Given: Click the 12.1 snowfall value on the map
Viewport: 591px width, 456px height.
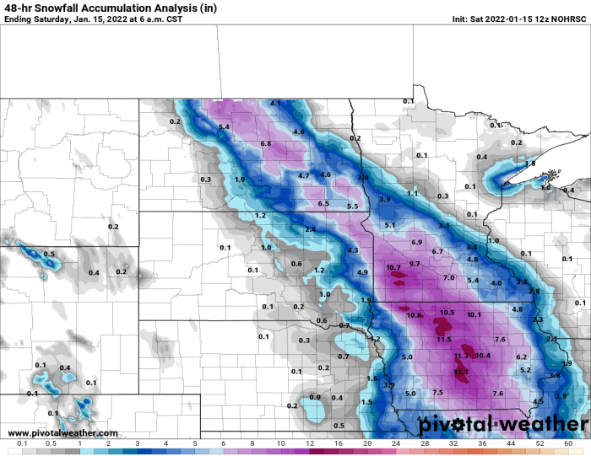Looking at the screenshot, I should pos(461,372).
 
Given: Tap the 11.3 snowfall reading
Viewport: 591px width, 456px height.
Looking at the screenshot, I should pos(461,357).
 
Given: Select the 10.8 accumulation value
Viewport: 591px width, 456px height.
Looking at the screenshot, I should pos(415,315).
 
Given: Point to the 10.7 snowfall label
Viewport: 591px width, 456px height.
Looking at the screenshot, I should pos(393,267).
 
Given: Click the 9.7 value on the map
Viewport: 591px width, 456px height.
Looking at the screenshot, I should pos(415,264).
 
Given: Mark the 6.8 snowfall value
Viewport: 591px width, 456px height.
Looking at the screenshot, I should pos(266,143).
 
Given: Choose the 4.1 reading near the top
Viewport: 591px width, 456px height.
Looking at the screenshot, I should pos(275,103).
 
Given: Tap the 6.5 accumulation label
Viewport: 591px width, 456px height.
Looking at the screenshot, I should pos(323,203).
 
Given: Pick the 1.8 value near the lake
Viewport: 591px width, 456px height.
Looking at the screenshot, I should pos(530,163).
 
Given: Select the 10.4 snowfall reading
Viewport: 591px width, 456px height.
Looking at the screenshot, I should pos(483,355).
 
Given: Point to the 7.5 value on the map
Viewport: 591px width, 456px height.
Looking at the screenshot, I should pos(437,392).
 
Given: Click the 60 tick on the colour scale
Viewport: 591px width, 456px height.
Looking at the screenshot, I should pos(568,443).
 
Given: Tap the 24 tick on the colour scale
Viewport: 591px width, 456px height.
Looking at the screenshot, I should pos(395,443).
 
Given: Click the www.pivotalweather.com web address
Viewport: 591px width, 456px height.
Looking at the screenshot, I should pos(63,432).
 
